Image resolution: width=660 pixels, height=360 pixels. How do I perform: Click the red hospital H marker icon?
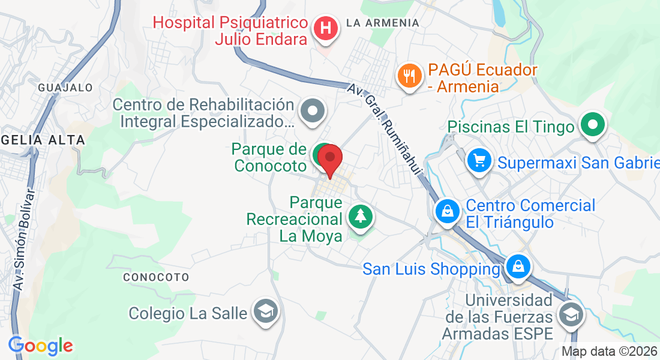click(325, 28)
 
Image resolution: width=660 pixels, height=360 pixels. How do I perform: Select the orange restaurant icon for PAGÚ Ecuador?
click(409, 76)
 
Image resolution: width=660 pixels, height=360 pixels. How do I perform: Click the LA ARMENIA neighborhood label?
click(383, 23)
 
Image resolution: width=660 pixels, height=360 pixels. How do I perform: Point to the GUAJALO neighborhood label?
click(65, 88)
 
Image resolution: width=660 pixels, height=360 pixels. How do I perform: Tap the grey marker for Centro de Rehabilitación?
click(313, 111)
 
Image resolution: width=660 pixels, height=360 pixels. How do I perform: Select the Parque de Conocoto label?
click(271, 157)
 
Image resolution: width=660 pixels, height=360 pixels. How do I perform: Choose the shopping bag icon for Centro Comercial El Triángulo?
click(448, 211)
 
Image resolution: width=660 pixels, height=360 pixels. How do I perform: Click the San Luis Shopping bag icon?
click(517, 265)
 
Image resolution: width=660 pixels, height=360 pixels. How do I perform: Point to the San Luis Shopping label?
click(431, 269)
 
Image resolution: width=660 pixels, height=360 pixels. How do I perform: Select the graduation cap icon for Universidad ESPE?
click(570, 313)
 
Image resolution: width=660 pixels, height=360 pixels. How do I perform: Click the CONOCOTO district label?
click(156, 277)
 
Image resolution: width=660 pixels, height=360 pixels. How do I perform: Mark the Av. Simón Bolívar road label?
click(23, 239)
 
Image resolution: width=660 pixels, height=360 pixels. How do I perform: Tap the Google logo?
click(41, 345)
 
